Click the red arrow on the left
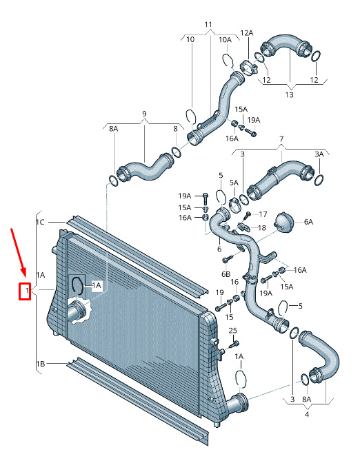(x=19, y=253)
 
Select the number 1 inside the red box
(x=27, y=291)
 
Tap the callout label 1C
(x=40, y=222)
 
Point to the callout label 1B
(x=40, y=364)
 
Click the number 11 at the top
(x=208, y=24)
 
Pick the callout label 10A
(x=225, y=39)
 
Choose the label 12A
(x=247, y=33)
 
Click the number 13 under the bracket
(x=290, y=95)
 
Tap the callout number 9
(x=144, y=114)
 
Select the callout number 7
(x=281, y=138)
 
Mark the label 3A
(x=319, y=154)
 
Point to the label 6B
(x=226, y=274)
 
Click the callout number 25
(x=232, y=331)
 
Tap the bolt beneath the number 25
(x=234, y=344)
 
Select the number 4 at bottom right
(x=307, y=414)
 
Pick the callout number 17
(x=263, y=214)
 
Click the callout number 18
(x=262, y=227)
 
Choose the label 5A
(x=234, y=183)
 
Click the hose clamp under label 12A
(x=248, y=67)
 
